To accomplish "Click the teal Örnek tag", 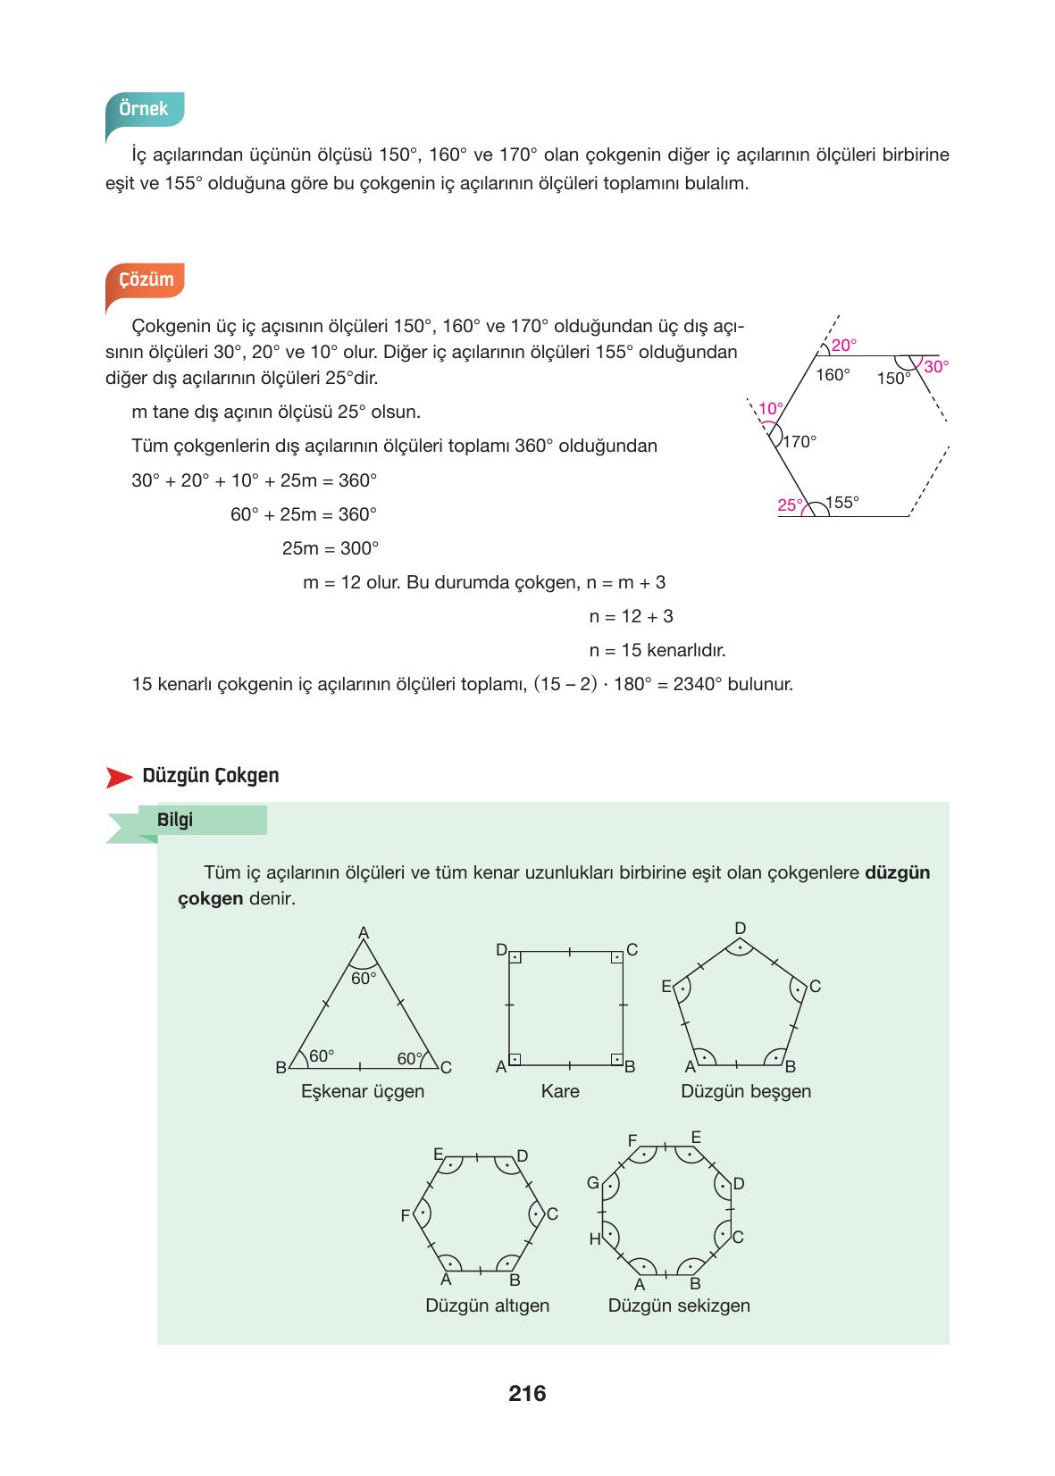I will [x=144, y=109].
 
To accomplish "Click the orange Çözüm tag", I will [x=147, y=279].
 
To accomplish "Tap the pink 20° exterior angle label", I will [x=843, y=345].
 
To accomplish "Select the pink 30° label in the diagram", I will [x=936, y=366].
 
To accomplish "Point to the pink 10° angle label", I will [x=770, y=409].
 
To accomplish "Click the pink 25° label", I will [x=790, y=505].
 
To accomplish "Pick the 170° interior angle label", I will [x=800, y=441].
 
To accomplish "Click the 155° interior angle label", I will [x=842, y=502].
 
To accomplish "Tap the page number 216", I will [x=527, y=1393].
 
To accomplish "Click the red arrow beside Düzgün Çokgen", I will [x=118, y=777].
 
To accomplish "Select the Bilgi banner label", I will [x=175, y=820].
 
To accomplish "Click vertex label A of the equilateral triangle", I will [x=364, y=933].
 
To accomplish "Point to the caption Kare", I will [x=560, y=1091].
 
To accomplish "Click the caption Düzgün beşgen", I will [x=746, y=1091].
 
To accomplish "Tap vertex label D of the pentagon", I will [x=740, y=929].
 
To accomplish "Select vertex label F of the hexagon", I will [x=406, y=1216].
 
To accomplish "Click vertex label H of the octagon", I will [x=594, y=1239].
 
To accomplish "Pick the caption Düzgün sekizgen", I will [x=679, y=1305].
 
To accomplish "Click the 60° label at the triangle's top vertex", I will [x=364, y=978].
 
